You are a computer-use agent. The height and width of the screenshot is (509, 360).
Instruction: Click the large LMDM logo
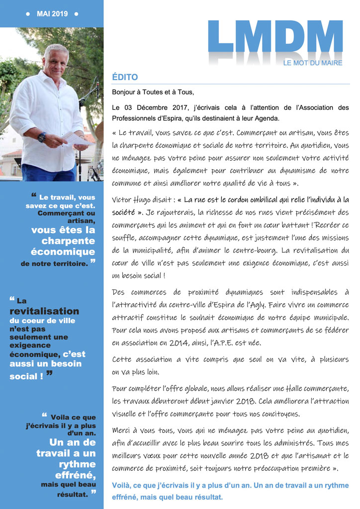[275, 37]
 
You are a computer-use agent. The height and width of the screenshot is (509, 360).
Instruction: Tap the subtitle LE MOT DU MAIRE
[313, 63]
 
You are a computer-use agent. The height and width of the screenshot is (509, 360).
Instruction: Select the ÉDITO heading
[125, 78]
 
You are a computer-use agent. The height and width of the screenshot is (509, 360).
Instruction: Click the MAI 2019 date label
[52, 13]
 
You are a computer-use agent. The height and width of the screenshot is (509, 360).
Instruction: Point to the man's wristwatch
[42, 137]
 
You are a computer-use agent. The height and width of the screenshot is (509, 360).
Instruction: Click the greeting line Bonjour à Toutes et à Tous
[153, 92]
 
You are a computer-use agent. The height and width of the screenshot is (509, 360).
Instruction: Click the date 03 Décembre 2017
[150, 107]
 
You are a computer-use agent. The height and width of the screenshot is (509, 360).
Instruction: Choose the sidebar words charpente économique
[63, 246]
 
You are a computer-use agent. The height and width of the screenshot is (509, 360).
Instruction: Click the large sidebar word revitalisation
[44, 311]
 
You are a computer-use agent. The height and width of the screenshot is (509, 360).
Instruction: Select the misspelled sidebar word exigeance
[30, 345]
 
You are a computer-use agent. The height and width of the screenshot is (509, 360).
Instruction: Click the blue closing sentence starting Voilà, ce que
[230, 491]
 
